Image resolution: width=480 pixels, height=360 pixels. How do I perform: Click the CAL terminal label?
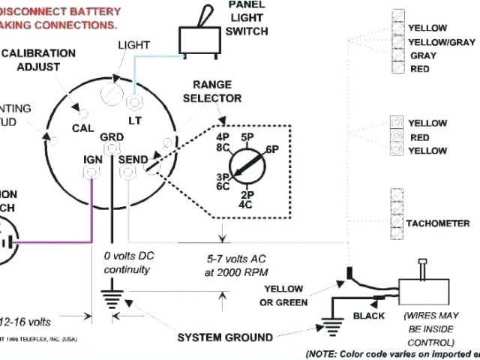pos(82,128)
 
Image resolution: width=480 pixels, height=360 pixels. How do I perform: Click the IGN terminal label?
pos(94,160)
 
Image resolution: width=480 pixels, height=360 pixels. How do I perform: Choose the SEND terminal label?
pos(133,160)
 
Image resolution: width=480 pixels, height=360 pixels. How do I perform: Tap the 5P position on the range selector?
pos(247,136)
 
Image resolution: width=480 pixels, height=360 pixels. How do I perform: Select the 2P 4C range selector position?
pos(246,199)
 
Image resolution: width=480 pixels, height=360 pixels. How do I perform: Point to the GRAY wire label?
pos(423,55)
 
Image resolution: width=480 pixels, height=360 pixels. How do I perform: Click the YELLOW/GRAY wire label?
pos(441,42)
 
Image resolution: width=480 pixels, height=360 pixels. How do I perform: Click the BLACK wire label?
pos(368,316)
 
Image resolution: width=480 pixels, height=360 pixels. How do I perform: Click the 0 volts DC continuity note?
pos(127,262)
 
